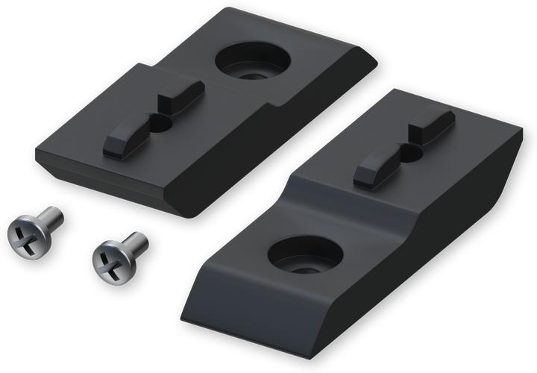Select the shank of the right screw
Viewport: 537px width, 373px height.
(x=135, y=242)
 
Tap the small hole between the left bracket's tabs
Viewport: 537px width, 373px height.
(x=160, y=123)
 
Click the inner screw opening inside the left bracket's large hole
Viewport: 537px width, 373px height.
(x=254, y=74)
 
